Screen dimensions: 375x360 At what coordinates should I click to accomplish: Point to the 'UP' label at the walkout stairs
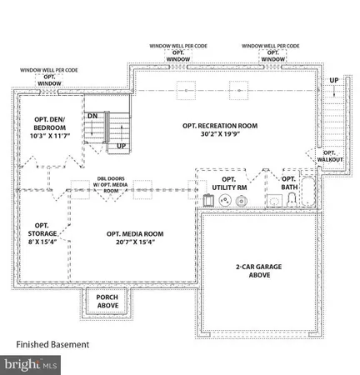(x=334, y=80)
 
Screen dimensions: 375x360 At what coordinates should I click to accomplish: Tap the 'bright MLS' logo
(x=32, y=364)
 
